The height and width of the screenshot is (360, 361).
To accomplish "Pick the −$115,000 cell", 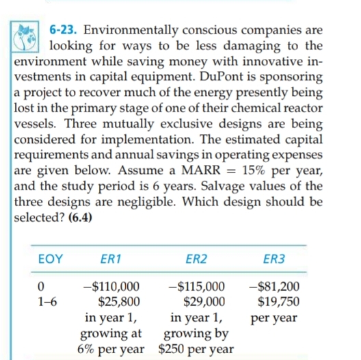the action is click(x=196, y=287).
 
